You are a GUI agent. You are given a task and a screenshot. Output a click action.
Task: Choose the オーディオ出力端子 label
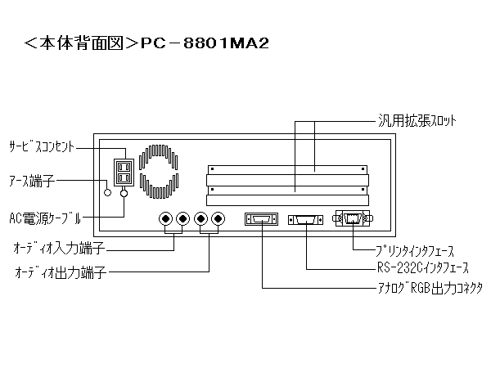61,271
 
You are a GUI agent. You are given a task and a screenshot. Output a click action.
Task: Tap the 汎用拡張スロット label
418,121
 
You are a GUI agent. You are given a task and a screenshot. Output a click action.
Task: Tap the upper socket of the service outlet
124,167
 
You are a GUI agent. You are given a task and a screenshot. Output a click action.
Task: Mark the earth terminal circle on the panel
108,194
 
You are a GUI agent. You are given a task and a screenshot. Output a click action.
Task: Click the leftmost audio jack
165,219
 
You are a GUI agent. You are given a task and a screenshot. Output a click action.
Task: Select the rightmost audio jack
218,219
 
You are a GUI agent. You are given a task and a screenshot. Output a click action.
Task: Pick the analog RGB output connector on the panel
261,219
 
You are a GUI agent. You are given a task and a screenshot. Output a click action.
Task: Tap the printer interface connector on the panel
353,218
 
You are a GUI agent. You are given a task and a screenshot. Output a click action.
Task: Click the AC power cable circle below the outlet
124,194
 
